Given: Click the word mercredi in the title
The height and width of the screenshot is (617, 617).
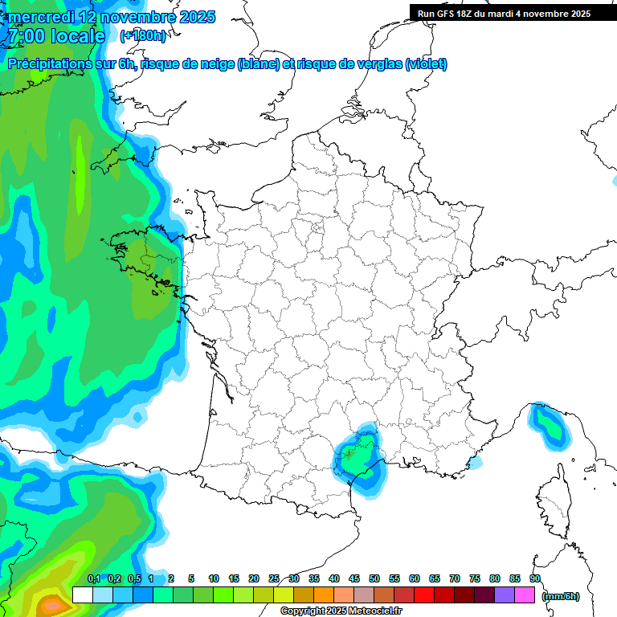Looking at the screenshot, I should [x=40, y=17].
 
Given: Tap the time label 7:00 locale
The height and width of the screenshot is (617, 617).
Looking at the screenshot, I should [x=56, y=36].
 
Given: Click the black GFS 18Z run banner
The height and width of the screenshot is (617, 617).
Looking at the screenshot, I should [x=504, y=13].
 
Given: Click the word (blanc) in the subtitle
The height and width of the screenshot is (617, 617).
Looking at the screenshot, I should [x=257, y=64].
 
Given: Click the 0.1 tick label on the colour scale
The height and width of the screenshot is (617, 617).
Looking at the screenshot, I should [x=93, y=578].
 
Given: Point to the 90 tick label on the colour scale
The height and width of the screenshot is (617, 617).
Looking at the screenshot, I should [x=535, y=578].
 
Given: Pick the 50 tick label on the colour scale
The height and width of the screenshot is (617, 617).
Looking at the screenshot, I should [x=374, y=578].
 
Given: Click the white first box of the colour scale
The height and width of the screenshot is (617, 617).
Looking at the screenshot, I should [x=82, y=595].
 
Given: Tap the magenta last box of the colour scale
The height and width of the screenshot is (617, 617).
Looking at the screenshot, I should [x=525, y=595].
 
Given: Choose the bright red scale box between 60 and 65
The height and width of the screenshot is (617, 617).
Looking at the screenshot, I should [x=424, y=595].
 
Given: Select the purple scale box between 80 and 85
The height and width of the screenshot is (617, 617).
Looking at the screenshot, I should [x=505, y=595].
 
